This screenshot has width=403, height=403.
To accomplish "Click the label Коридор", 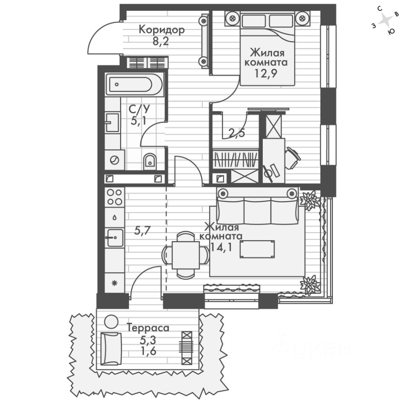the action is [162, 30].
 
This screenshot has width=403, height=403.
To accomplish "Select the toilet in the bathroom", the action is [150, 160].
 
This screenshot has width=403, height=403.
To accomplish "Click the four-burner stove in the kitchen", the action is [114, 197].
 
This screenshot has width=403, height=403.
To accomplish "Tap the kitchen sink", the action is [114, 238].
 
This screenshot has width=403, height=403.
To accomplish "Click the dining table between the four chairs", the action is [186, 254].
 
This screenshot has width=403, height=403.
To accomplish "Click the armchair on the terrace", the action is [111, 348].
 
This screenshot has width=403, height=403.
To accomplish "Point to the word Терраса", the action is [148, 328].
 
